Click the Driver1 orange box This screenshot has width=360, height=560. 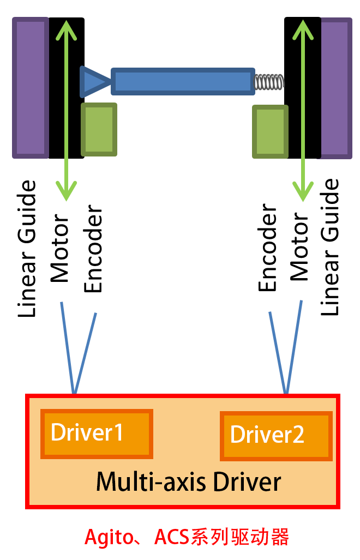[97, 433]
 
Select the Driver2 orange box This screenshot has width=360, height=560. [276, 436]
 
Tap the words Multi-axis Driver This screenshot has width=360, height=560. [189, 482]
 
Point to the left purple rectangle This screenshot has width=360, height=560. [31, 88]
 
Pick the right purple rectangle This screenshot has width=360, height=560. [337, 88]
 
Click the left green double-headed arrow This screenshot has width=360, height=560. [66, 109]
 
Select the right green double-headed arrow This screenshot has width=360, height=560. [303, 109]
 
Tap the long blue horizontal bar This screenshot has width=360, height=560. [183, 81]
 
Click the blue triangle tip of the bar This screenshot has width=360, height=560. [93, 81]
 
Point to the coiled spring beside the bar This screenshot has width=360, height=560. [269, 82]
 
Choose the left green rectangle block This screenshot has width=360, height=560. [99, 130]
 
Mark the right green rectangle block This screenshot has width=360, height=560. [270, 132]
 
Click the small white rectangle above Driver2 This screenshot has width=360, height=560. [259, 388]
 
